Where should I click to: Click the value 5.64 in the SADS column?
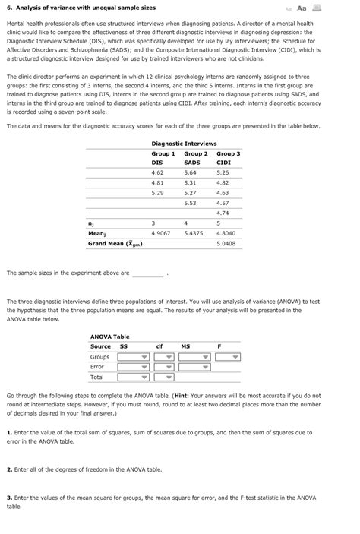coord(190,172)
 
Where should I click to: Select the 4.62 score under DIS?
coord(158,172)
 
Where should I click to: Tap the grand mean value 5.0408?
coord(226,244)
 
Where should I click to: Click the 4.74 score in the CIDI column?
coord(223,213)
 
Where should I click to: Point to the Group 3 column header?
coord(229,153)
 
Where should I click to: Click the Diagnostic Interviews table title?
coord(184,143)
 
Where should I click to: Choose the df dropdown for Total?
coord(161,377)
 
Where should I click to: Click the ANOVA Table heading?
coord(110,337)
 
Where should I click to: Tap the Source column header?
coord(100,346)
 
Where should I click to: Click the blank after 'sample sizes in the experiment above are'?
coord(148,273)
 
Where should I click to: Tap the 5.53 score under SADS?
coord(190,203)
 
